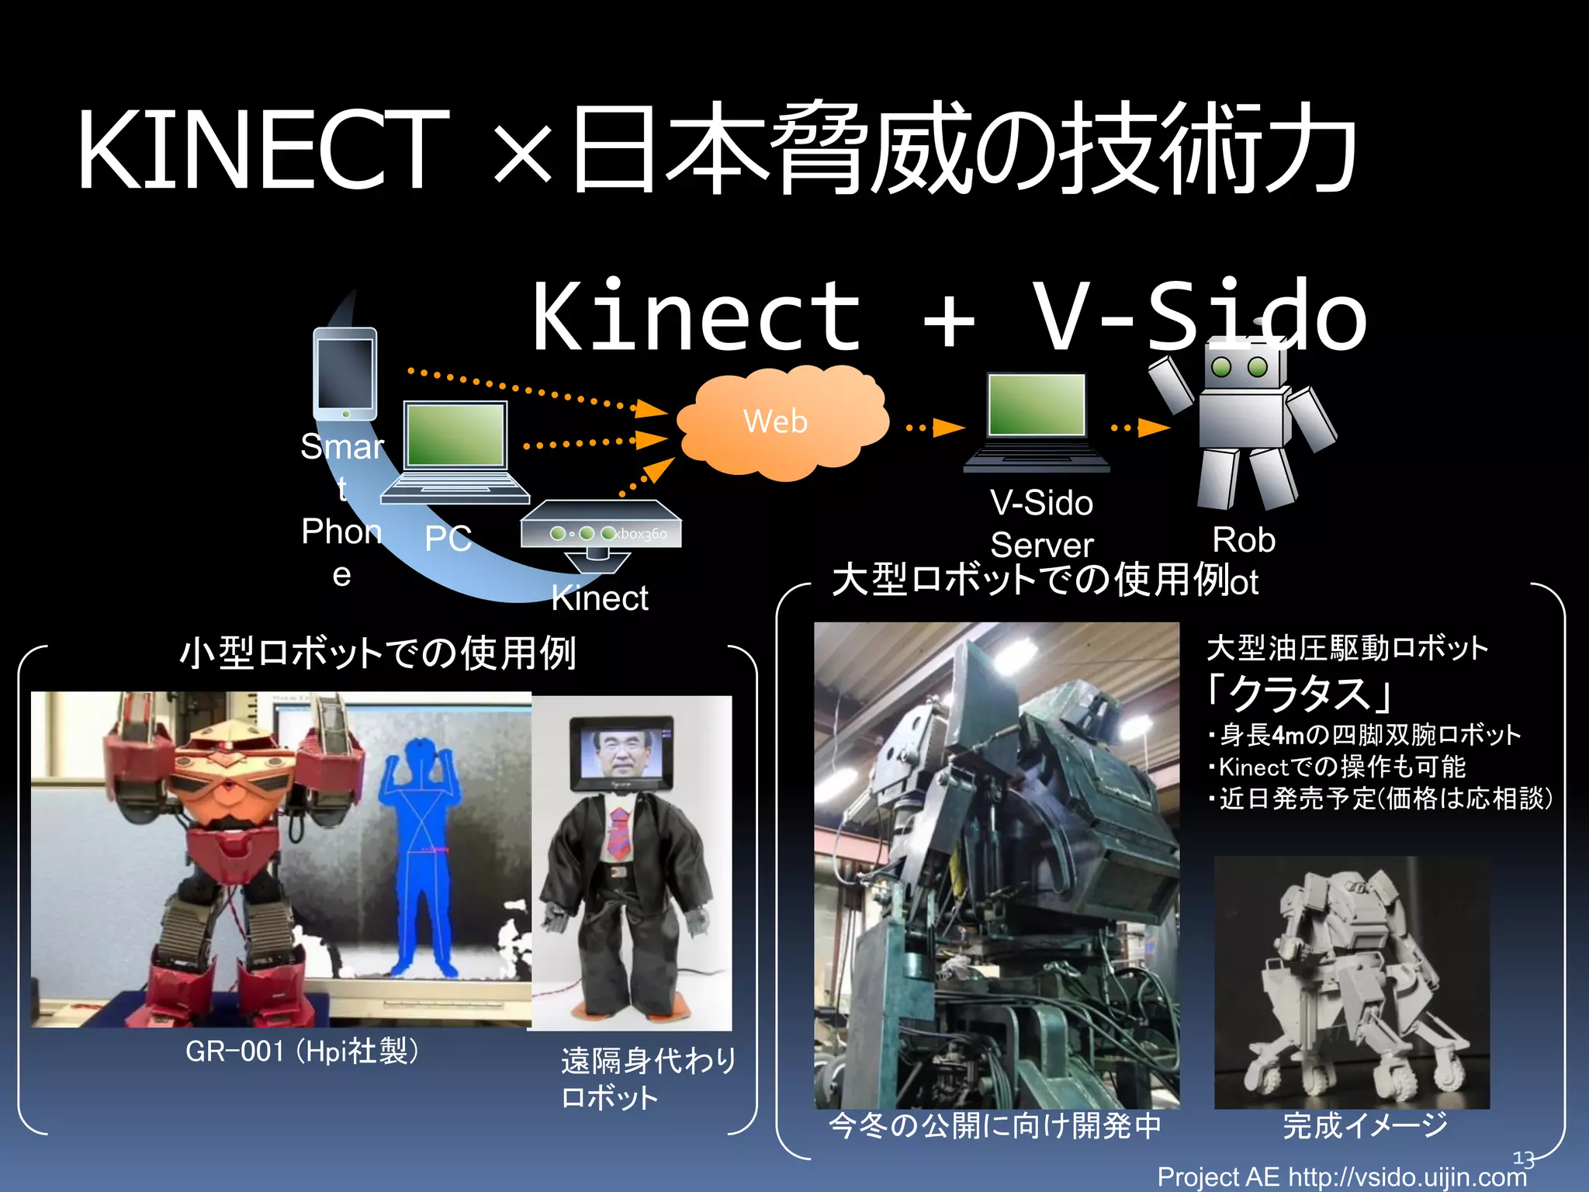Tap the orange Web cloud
780,423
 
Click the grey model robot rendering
1351,982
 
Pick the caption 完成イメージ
1365,1125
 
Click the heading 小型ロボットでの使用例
378,653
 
